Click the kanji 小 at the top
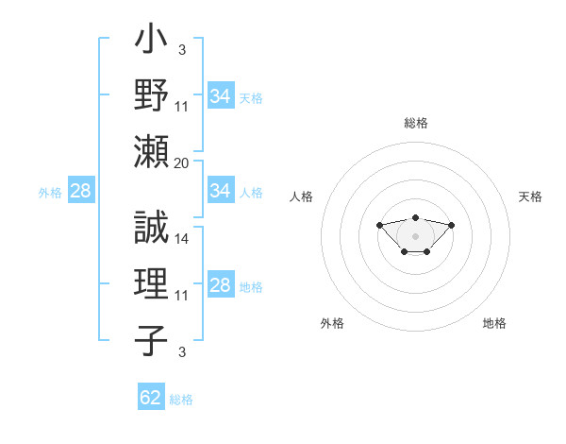(151, 38)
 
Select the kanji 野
(151, 94)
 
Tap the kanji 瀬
(151, 151)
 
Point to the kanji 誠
(151, 227)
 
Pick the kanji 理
(151, 283)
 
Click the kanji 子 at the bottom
(151, 340)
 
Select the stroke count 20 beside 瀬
(181, 163)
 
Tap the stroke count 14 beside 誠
(181, 239)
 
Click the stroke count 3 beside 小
(182, 49)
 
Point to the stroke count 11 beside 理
(181, 296)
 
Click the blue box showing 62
(151, 396)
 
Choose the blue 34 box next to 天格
(221, 95)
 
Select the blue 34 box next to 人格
(221, 190)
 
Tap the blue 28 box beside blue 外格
(81, 190)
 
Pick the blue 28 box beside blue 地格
(221, 283)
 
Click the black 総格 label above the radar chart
(416, 123)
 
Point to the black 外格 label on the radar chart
(332, 323)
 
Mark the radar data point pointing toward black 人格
(379, 225)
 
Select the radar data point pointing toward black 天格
(451, 225)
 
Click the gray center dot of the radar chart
(415, 236)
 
